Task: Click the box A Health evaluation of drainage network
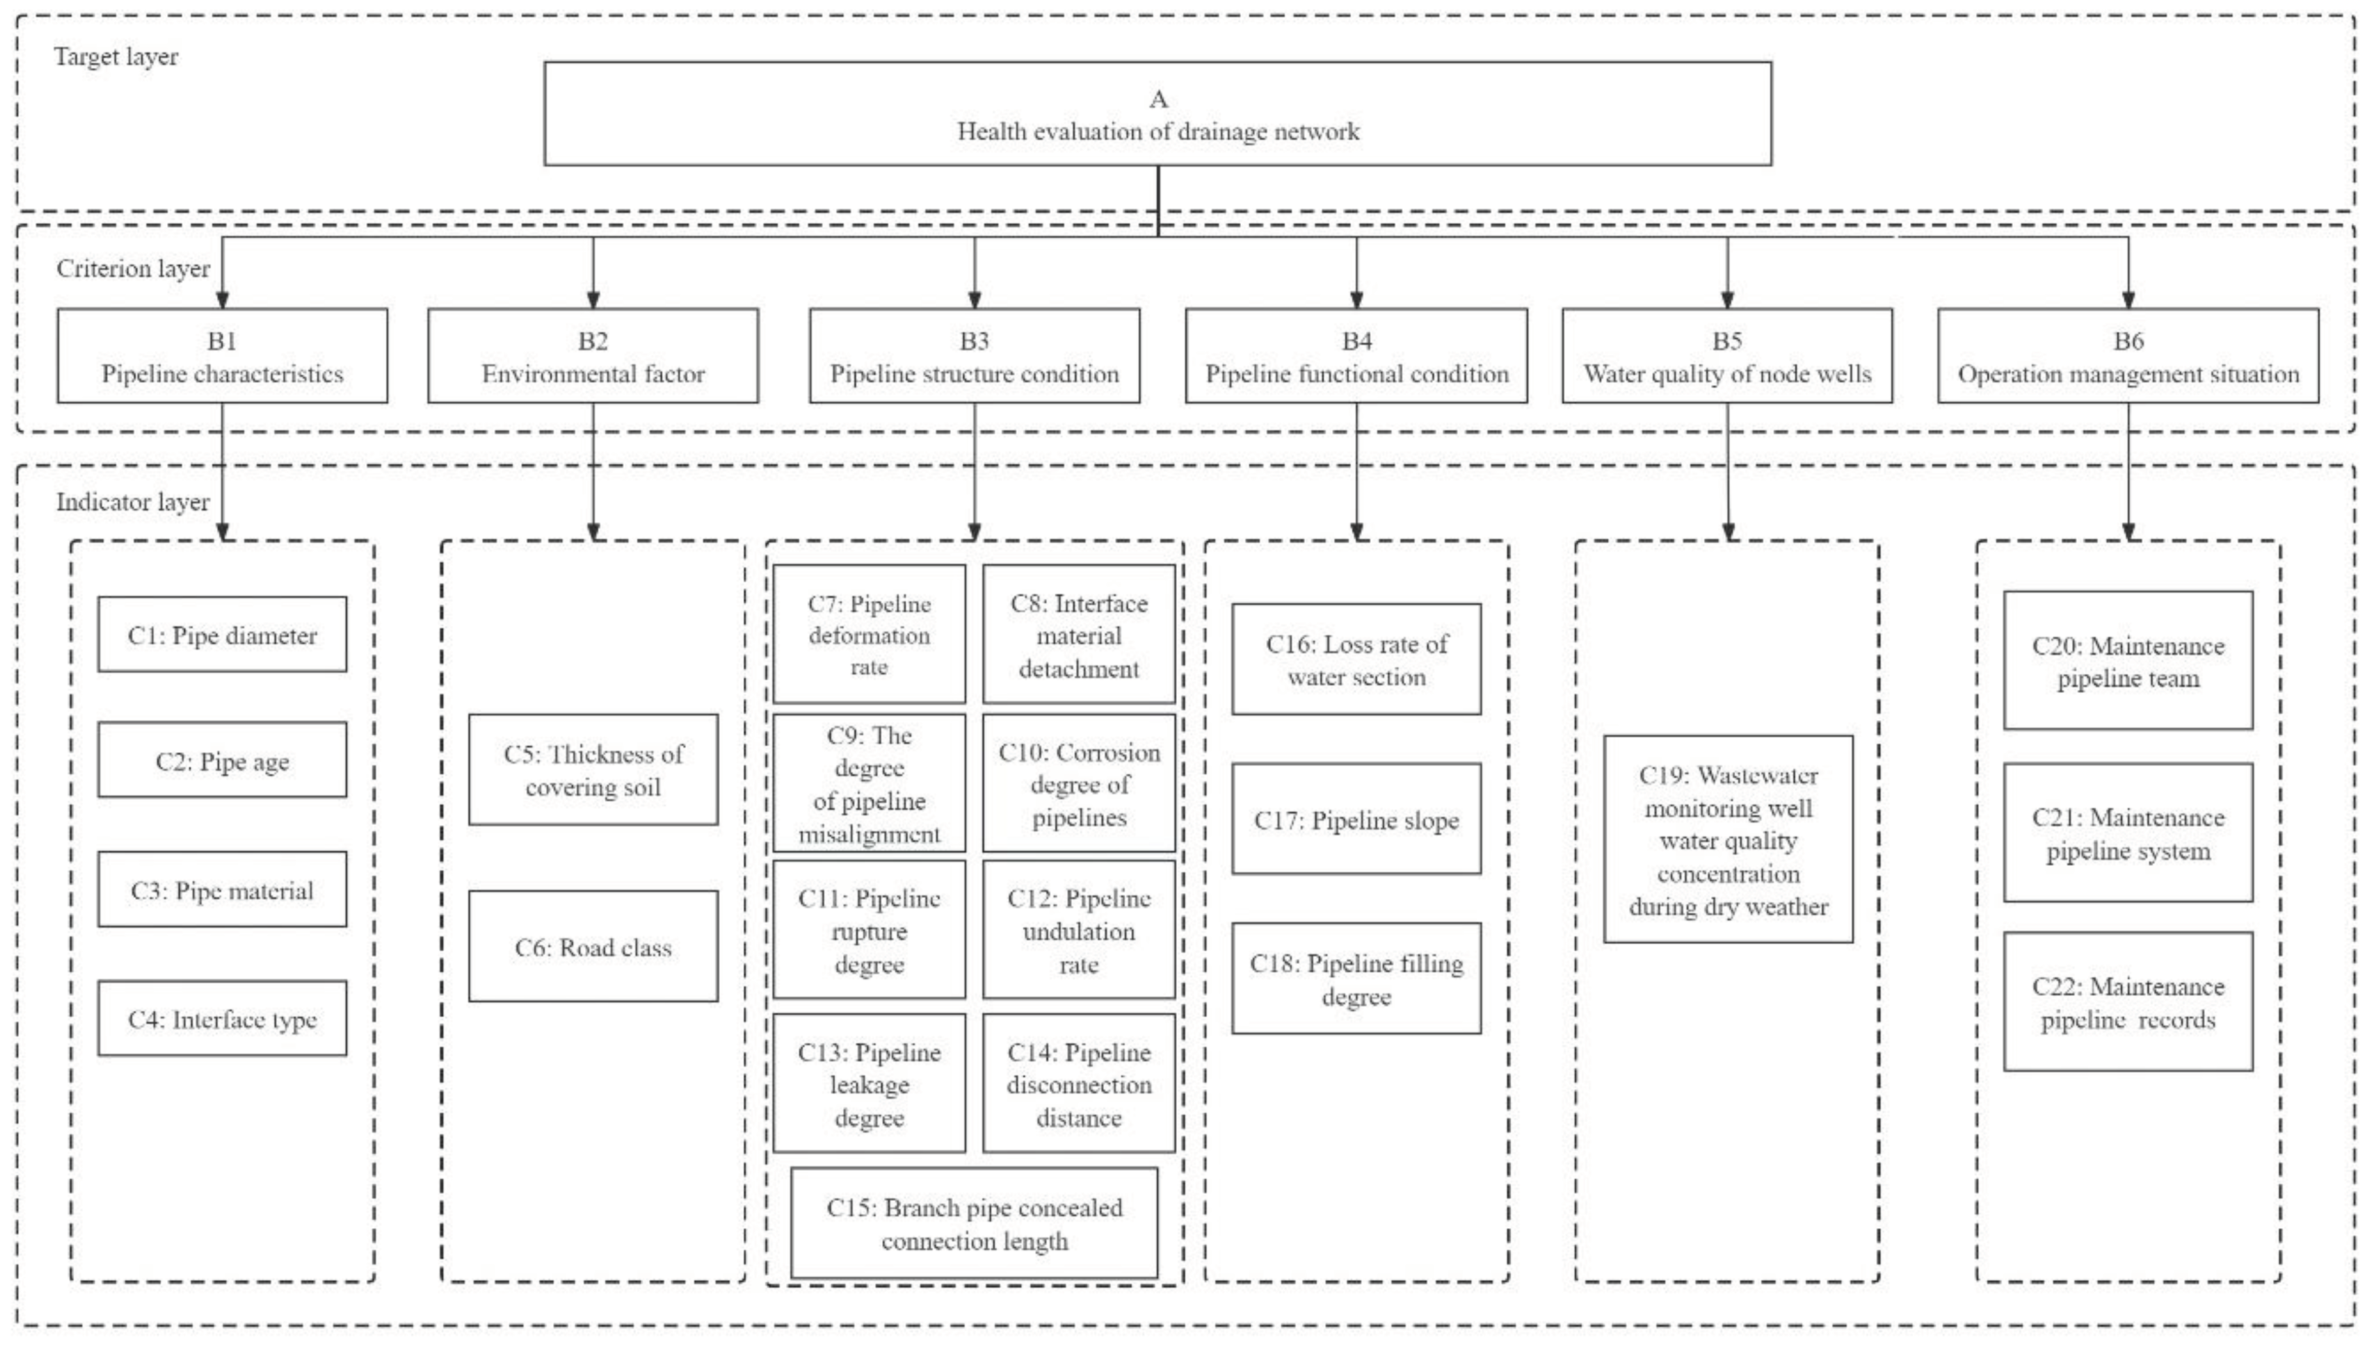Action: (1157, 114)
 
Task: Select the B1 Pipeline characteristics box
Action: (222, 356)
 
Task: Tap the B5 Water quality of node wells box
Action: (1727, 356)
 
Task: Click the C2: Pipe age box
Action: (222, 760)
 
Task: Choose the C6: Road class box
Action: (593, 946)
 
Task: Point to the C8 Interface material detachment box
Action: (1078, 635)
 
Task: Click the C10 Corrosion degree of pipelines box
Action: (1078, 783)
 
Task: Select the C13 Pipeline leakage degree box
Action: (869, 1083)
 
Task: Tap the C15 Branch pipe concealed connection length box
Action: (974, 1223)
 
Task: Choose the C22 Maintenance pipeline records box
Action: (2128, 1002)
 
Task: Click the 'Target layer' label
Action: (116, 57)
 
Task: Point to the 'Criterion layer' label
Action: (133, 268)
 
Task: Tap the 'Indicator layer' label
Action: (133, 502)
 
